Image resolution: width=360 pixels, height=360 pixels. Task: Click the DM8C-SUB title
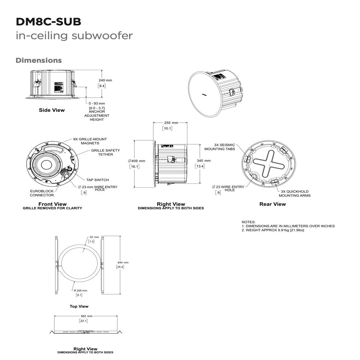point(49,22)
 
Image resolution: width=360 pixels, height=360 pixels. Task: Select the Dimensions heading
point(38,60)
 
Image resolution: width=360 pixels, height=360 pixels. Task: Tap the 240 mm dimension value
point(105,80)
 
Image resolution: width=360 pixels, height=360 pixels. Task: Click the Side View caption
point(52,110)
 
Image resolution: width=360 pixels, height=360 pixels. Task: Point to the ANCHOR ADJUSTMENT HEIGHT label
point(97,116)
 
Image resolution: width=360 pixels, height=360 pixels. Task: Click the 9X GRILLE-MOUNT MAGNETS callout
point(90,141)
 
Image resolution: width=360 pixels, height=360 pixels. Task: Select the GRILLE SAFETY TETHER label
point(105,152)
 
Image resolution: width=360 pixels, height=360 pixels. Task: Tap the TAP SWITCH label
point(97,180)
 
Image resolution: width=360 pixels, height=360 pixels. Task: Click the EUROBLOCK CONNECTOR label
point(42,193)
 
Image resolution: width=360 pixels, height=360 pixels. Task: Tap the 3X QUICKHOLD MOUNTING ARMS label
point(295,193)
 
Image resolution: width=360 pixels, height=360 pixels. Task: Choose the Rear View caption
point(273,204)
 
